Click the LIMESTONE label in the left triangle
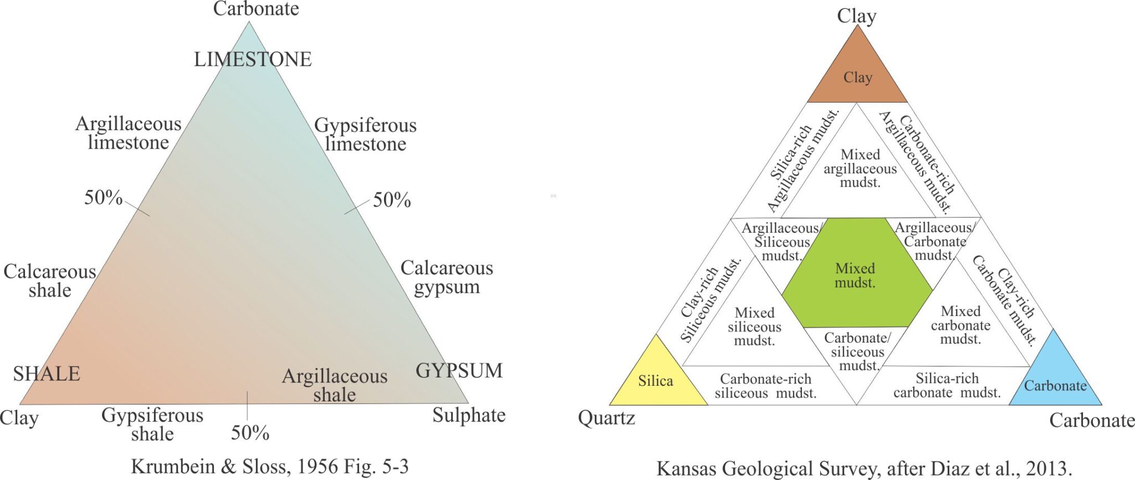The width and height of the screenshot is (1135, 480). click(x=253, y=59)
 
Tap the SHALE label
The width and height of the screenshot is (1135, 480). click(x=47, y=374)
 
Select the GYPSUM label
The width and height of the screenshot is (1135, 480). click(x=459, y=371)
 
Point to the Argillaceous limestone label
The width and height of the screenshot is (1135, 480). click(x=128, y=133)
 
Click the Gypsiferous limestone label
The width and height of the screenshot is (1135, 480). click(x=365, y=135)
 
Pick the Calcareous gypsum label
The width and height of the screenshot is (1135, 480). click(x=447, y=277)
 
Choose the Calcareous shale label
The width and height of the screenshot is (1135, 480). click(x=50, y=280)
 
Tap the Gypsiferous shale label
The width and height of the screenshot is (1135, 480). click(x=152, y=424)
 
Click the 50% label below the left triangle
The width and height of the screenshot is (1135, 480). click(x=250, y=433)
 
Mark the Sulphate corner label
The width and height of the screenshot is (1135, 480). click(x=469, y=415)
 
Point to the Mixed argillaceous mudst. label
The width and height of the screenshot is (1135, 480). click(x=860, y=168)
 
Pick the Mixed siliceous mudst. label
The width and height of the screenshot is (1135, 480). click(x=754, y=327)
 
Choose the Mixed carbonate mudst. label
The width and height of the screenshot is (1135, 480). click(x=960, y=325)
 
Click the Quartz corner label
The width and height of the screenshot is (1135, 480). click(x=606, y=418)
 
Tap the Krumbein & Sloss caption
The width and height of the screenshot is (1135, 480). click(x=270, y=467)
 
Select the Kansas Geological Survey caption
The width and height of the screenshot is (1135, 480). click(x=864, y=469)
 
